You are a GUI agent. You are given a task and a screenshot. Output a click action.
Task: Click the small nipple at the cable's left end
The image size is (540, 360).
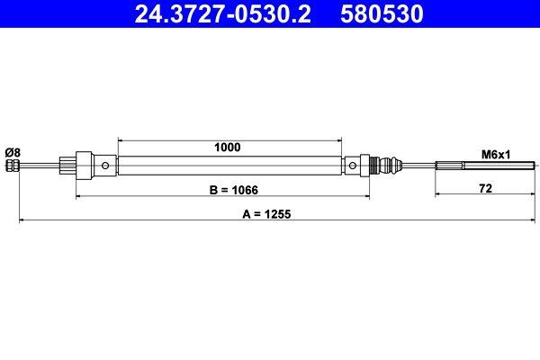coord(12,166)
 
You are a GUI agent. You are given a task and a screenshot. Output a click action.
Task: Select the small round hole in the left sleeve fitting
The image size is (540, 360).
coord(107,166)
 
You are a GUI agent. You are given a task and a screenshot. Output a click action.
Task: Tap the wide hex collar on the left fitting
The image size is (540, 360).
coord(85,166)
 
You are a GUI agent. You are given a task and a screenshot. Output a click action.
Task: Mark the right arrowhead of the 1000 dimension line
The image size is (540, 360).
coord(339,139)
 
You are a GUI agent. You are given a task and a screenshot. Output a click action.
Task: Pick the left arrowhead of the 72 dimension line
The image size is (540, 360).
coord(438,194)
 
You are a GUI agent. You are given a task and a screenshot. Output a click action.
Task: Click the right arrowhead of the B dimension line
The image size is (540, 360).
coord(366,194)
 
